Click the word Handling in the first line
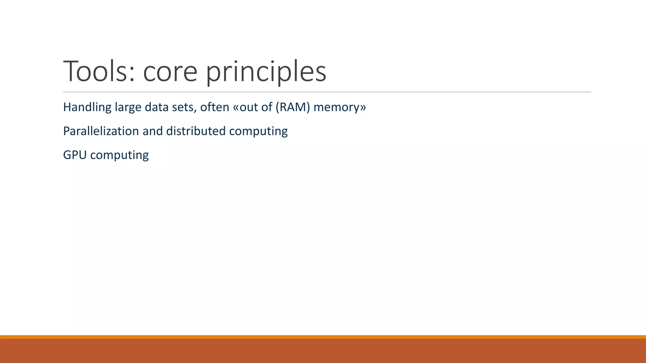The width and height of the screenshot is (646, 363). tap(87, 107)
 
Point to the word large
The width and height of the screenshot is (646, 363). tap(128, 107)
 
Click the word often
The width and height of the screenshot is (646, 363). tap(214, 107)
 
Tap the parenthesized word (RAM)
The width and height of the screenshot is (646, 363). tap(293, 107)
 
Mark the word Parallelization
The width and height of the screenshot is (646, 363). tap(101, 131)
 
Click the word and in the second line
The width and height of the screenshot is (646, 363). tap(152, 131)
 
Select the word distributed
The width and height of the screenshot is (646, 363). tap(196, 131)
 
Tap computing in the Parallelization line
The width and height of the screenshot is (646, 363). tap(258, 131)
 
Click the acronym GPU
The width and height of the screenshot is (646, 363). tap(75, 155)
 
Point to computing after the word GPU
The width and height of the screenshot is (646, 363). tap(119, 155)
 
